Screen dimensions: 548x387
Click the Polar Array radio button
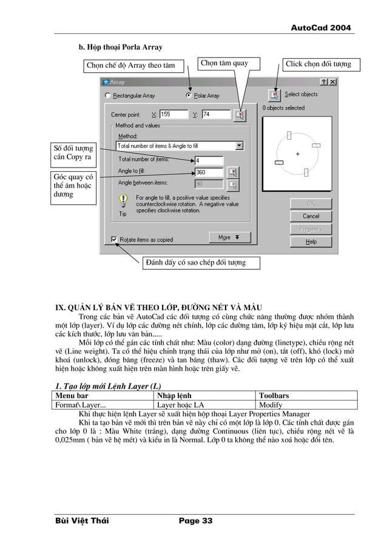(x=189, y=96)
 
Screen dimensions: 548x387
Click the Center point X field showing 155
(x=172, y=114)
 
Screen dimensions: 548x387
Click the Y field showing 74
(x=215, y=114)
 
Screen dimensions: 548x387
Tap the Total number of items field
(x=208, y=161)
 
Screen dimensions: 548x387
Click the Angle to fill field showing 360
(x=208, y=172)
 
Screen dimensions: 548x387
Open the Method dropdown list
(x=239, y=146)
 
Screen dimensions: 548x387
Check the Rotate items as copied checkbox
(x=114, y=240)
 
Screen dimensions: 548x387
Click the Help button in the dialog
(x=311, y=242)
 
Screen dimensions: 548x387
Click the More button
(x=229, y=237)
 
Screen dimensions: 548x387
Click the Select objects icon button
(x=275, y=95)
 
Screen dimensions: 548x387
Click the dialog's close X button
(x=332, y=81)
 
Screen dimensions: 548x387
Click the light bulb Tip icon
(x=123, y=201)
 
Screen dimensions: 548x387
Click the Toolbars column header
(x=274, y=396)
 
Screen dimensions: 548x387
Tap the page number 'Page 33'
(x=195, y=521)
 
